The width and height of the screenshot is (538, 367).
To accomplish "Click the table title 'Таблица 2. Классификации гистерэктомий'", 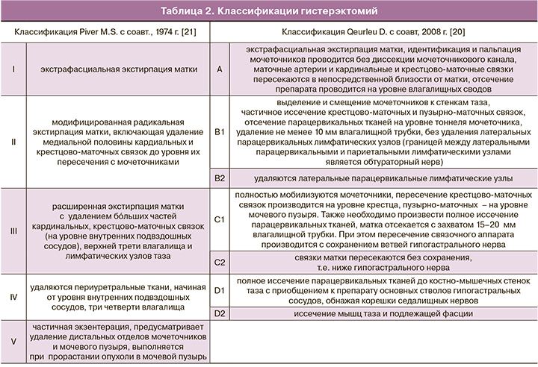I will point(269,12).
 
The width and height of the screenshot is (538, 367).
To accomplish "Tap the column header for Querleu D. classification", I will point(373,34).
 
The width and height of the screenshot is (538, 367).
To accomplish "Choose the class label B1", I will point(219,131).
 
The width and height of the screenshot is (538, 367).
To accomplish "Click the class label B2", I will point(219,178).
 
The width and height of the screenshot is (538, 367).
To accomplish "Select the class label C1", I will point(219,220).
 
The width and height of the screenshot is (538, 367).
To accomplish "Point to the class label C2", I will point(219,262).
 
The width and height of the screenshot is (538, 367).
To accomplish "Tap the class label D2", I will point(219,314).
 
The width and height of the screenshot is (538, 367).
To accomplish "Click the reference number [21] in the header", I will point(189,34).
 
